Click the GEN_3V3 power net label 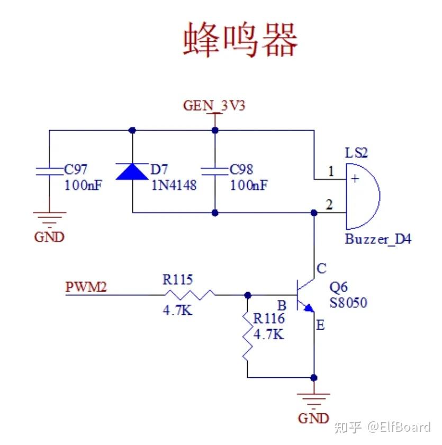click(214, 105)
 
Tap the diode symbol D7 click(132, 172)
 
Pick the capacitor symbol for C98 click(214, 171)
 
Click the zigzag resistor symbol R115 click(189, 295)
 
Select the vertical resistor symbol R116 click(247, 337)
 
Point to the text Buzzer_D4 click(378, 239)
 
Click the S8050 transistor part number click(348, 303)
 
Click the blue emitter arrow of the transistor click(309, 307)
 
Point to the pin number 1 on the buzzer click(331, 171)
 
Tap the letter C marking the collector click(321, 269)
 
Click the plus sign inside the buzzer click(354, 179)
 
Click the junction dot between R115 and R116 click(247, 295)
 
